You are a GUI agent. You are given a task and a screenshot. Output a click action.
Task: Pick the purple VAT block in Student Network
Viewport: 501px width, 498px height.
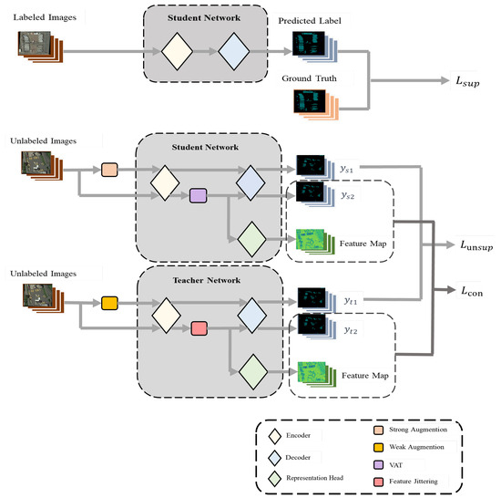(x=199, y=194)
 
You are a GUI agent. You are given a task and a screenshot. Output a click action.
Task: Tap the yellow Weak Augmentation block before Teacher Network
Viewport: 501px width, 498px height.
(x=110, y=302)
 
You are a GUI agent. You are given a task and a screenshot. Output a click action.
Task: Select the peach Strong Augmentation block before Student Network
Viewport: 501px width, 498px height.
(x=110, y=169)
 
